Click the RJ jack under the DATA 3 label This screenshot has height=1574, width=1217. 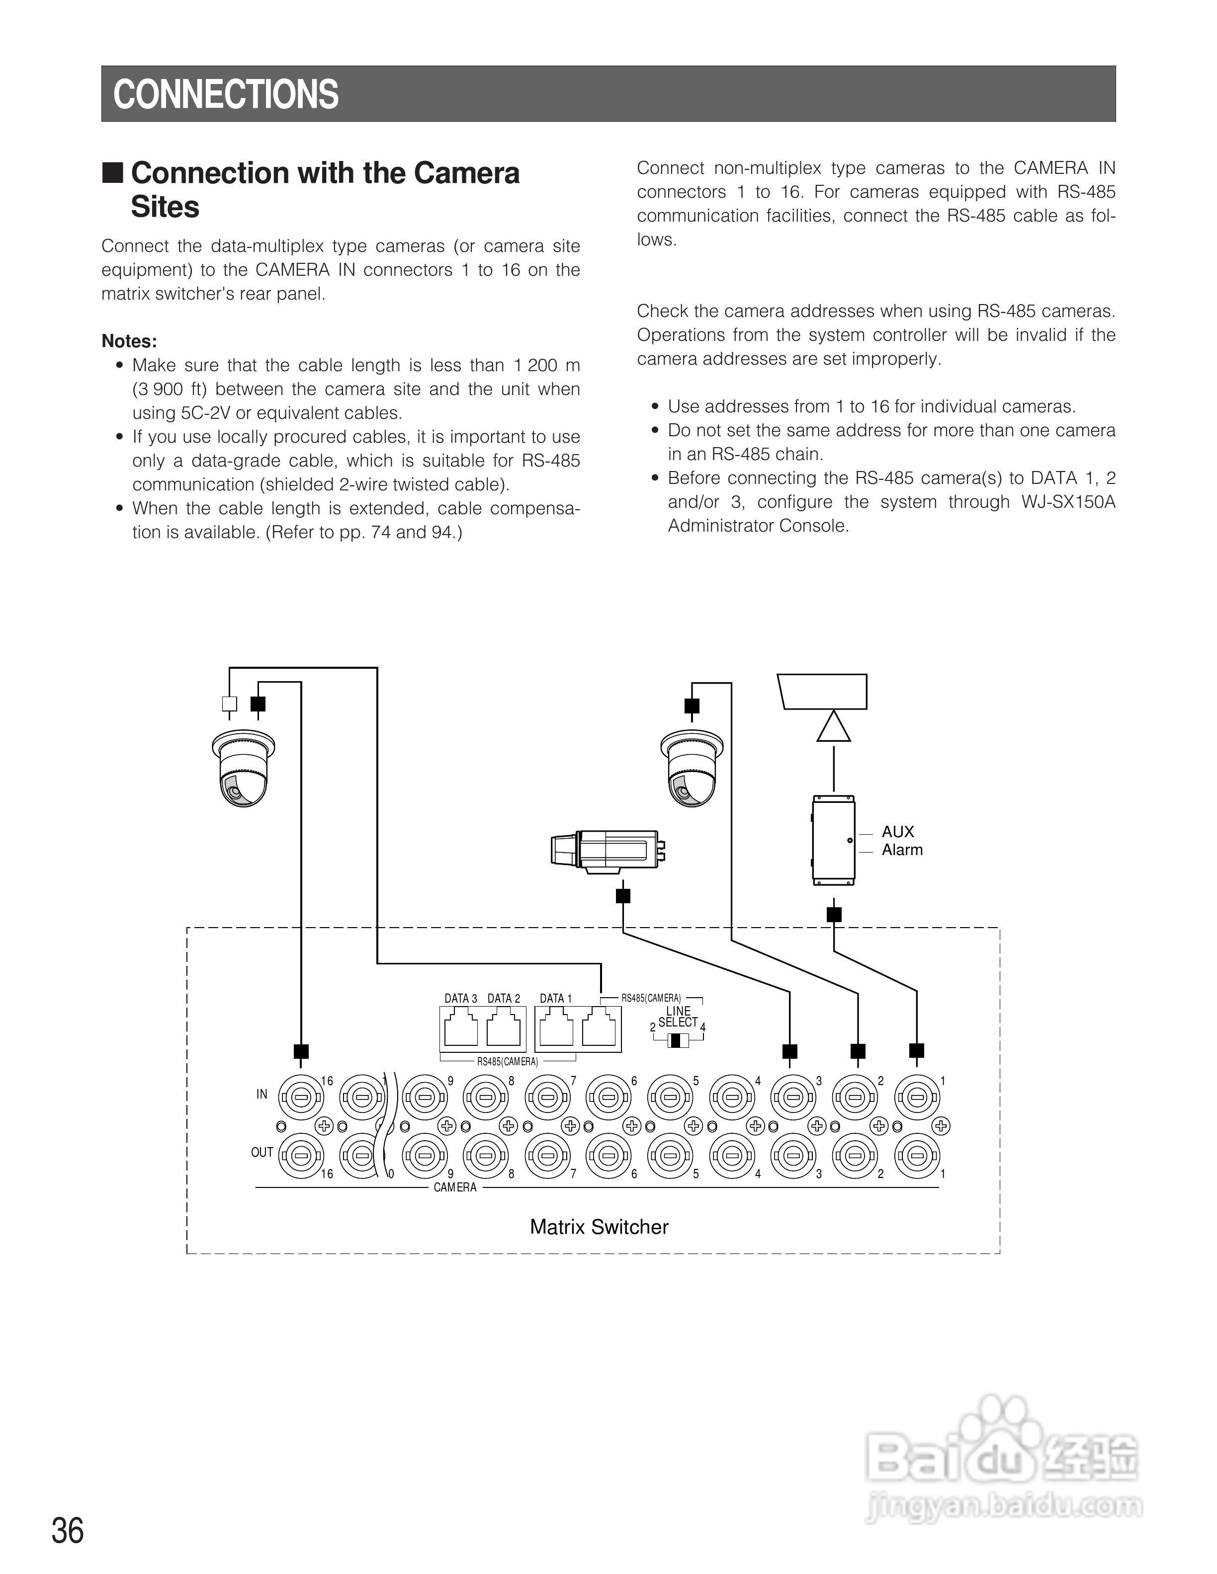[x=461, y=1029]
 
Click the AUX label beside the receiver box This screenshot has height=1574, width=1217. [x=898, y=832]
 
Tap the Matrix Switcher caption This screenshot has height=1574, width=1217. [x=599, y=1227]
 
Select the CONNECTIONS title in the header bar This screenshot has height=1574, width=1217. [x=226, y=94]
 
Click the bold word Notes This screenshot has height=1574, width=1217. [x=129, y=341]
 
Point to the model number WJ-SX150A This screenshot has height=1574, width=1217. [x=1068, y=502]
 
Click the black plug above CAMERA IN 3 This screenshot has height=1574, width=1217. [x=790, y=1051]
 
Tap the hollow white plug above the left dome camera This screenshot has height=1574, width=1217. [x=229, y=704]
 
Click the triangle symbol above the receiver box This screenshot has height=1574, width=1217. [x=833, y=726]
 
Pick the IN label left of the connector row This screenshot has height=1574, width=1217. [x=261, y=1094]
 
